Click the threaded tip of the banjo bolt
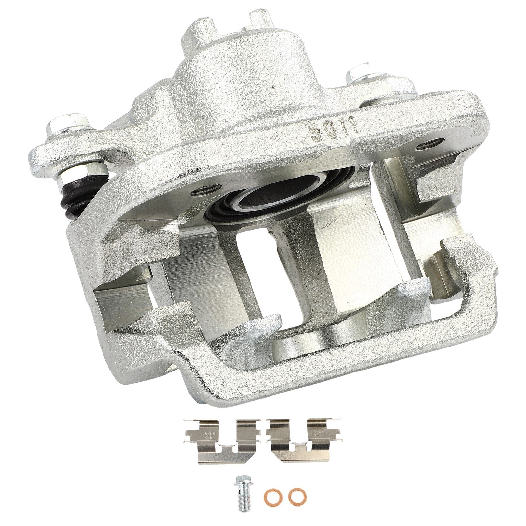click(x=241, y=491)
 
